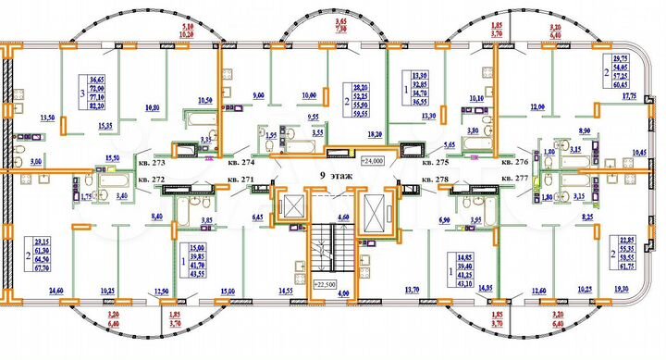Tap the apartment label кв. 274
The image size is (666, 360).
coord(241,160)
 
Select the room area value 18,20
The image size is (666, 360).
coord(375,133)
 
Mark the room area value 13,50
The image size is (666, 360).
coord(48,118)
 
